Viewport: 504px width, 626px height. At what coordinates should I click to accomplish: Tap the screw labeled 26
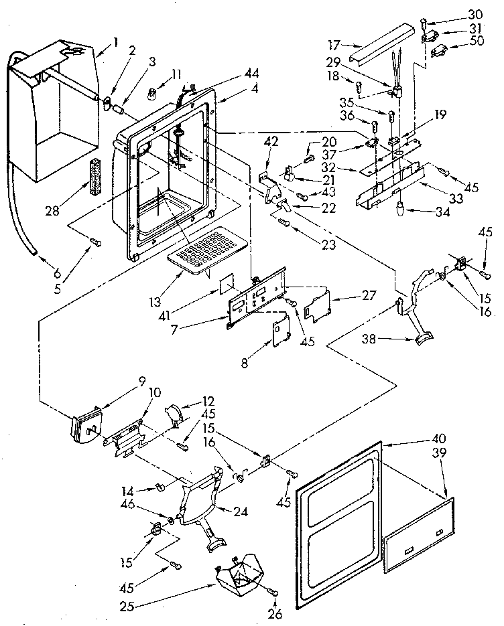coord(273,593)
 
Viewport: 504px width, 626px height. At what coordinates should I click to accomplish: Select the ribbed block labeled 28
coord(93,175)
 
